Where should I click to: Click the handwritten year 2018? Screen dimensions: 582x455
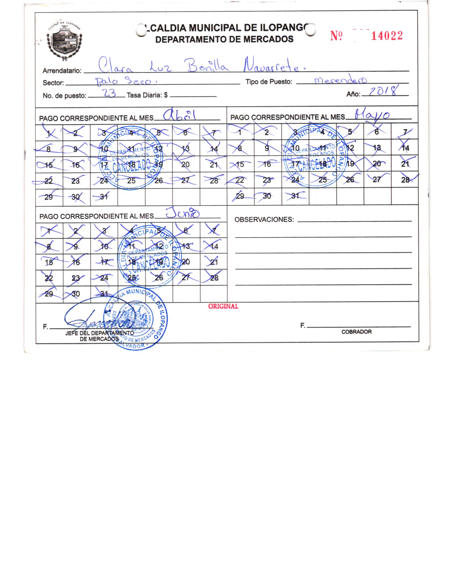383,91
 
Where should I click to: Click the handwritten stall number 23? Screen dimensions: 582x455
109,93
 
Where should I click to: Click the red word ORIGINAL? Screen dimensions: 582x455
223,306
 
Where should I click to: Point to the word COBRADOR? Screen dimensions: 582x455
356,332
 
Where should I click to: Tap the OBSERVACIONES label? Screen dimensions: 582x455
264,220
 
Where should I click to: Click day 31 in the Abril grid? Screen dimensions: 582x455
104,197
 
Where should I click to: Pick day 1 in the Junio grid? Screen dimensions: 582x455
49,230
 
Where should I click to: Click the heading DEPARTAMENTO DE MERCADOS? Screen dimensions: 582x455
224,39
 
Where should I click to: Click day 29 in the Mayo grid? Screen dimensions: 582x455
240,196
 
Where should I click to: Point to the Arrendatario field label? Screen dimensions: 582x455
62,71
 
